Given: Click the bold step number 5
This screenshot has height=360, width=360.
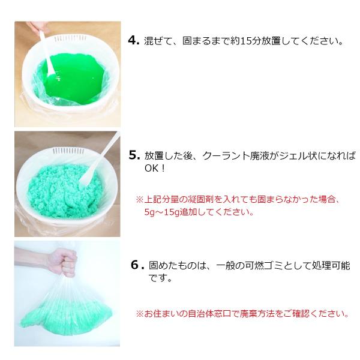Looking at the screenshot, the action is pyautogui.click(x=134, y=155).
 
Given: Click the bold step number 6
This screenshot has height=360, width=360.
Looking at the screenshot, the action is pyautogui.click(x=137, y=265).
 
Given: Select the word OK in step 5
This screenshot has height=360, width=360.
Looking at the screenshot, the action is pyautogui.click(x=151, y=168).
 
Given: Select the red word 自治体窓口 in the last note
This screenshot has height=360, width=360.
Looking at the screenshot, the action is pyautogui.click(x=210, y=314).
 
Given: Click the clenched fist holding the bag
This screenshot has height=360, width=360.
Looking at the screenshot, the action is pyautogui.click(x=62, y=262).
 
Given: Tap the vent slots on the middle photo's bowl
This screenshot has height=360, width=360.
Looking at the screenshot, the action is pyautogui.click(x=67, y=151).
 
